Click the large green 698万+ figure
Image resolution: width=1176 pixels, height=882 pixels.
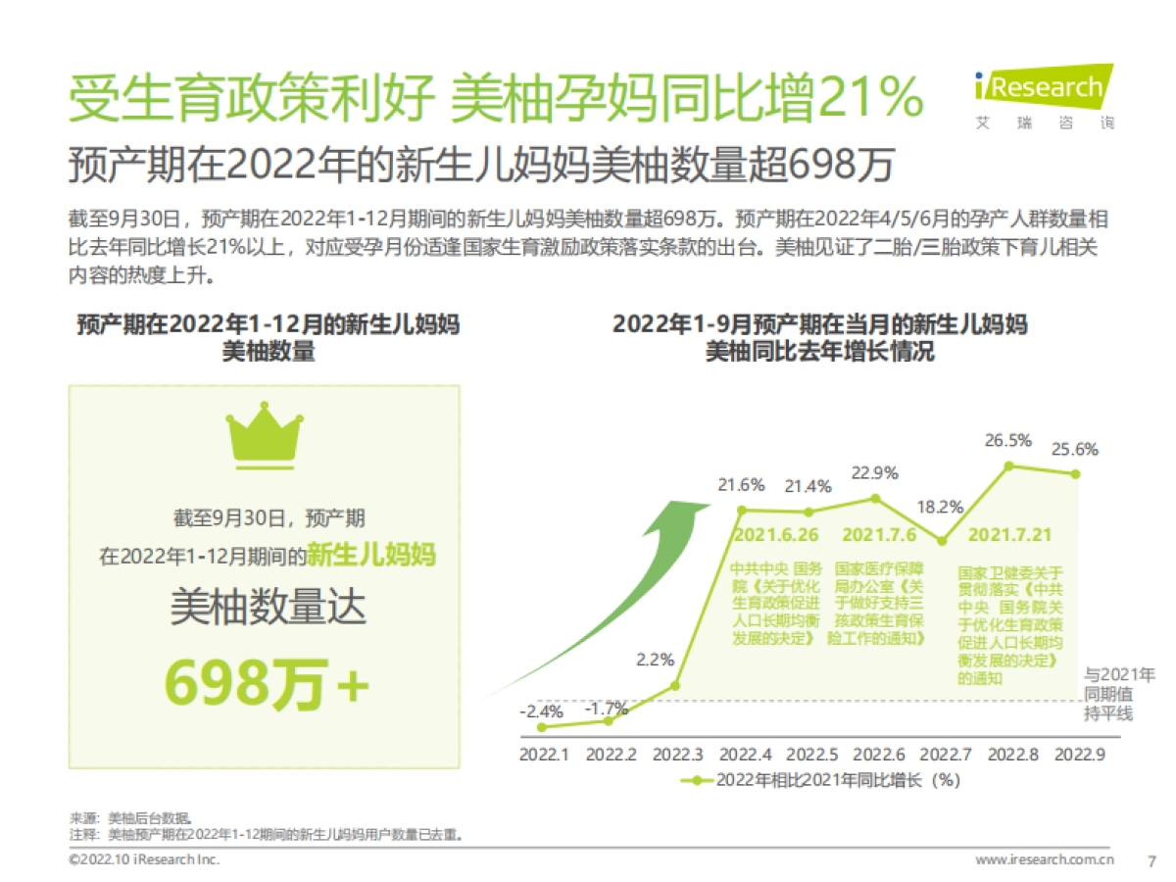(266, 682)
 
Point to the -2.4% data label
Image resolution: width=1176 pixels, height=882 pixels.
(540, 709)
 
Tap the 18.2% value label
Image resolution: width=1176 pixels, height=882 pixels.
(942, 508)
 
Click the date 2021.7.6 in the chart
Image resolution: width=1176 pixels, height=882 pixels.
(880, 535)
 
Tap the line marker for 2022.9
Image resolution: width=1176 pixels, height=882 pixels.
(1076, 473)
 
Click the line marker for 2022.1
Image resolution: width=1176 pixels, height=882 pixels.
(543, 727)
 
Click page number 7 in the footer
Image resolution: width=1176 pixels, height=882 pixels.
(1151, 860)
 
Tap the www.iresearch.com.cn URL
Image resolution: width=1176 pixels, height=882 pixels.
(1045, 860)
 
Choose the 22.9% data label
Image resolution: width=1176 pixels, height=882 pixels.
(875, 473)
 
